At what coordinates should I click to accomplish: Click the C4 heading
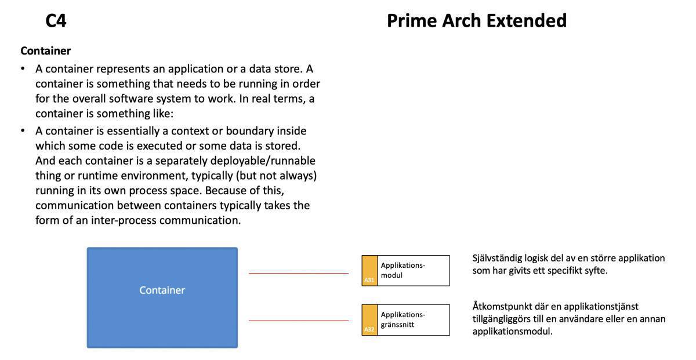[x=56, y=21]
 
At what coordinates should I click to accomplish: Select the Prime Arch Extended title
[x=476, y=21]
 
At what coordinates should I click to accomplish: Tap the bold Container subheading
[x=45, y=51]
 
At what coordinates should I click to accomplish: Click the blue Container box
[x=162, y=297]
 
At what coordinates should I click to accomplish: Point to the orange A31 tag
[x=369, y=271]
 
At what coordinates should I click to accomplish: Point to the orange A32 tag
[x=369, y=320]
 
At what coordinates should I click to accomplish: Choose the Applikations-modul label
[x=403, y=270]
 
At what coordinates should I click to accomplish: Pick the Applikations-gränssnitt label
[x=403, y=319]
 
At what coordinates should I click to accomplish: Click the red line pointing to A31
[x=298, y=273]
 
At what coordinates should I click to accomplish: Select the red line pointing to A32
[x=298, y=320]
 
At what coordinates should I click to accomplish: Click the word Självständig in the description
[x=498, y=258]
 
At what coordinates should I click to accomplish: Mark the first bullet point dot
[x=23, y=69]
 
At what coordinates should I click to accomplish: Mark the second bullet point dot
[x=23, y=131]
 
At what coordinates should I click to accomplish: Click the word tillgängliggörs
[x=503, y=319]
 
